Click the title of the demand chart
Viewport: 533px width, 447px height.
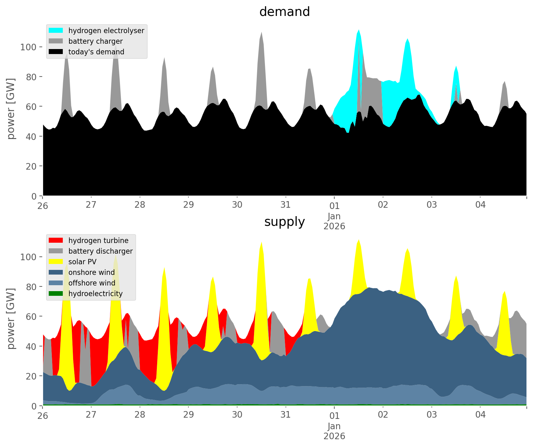point(284,12)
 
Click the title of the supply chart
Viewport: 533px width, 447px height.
point(284,222)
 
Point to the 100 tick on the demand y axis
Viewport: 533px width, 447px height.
point(28,47)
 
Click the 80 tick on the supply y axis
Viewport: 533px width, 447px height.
point(31,287)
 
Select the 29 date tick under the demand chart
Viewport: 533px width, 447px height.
point(188,205)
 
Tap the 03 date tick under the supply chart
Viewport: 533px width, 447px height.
point(431,415)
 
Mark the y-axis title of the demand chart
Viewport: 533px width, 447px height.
point(11,109)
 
